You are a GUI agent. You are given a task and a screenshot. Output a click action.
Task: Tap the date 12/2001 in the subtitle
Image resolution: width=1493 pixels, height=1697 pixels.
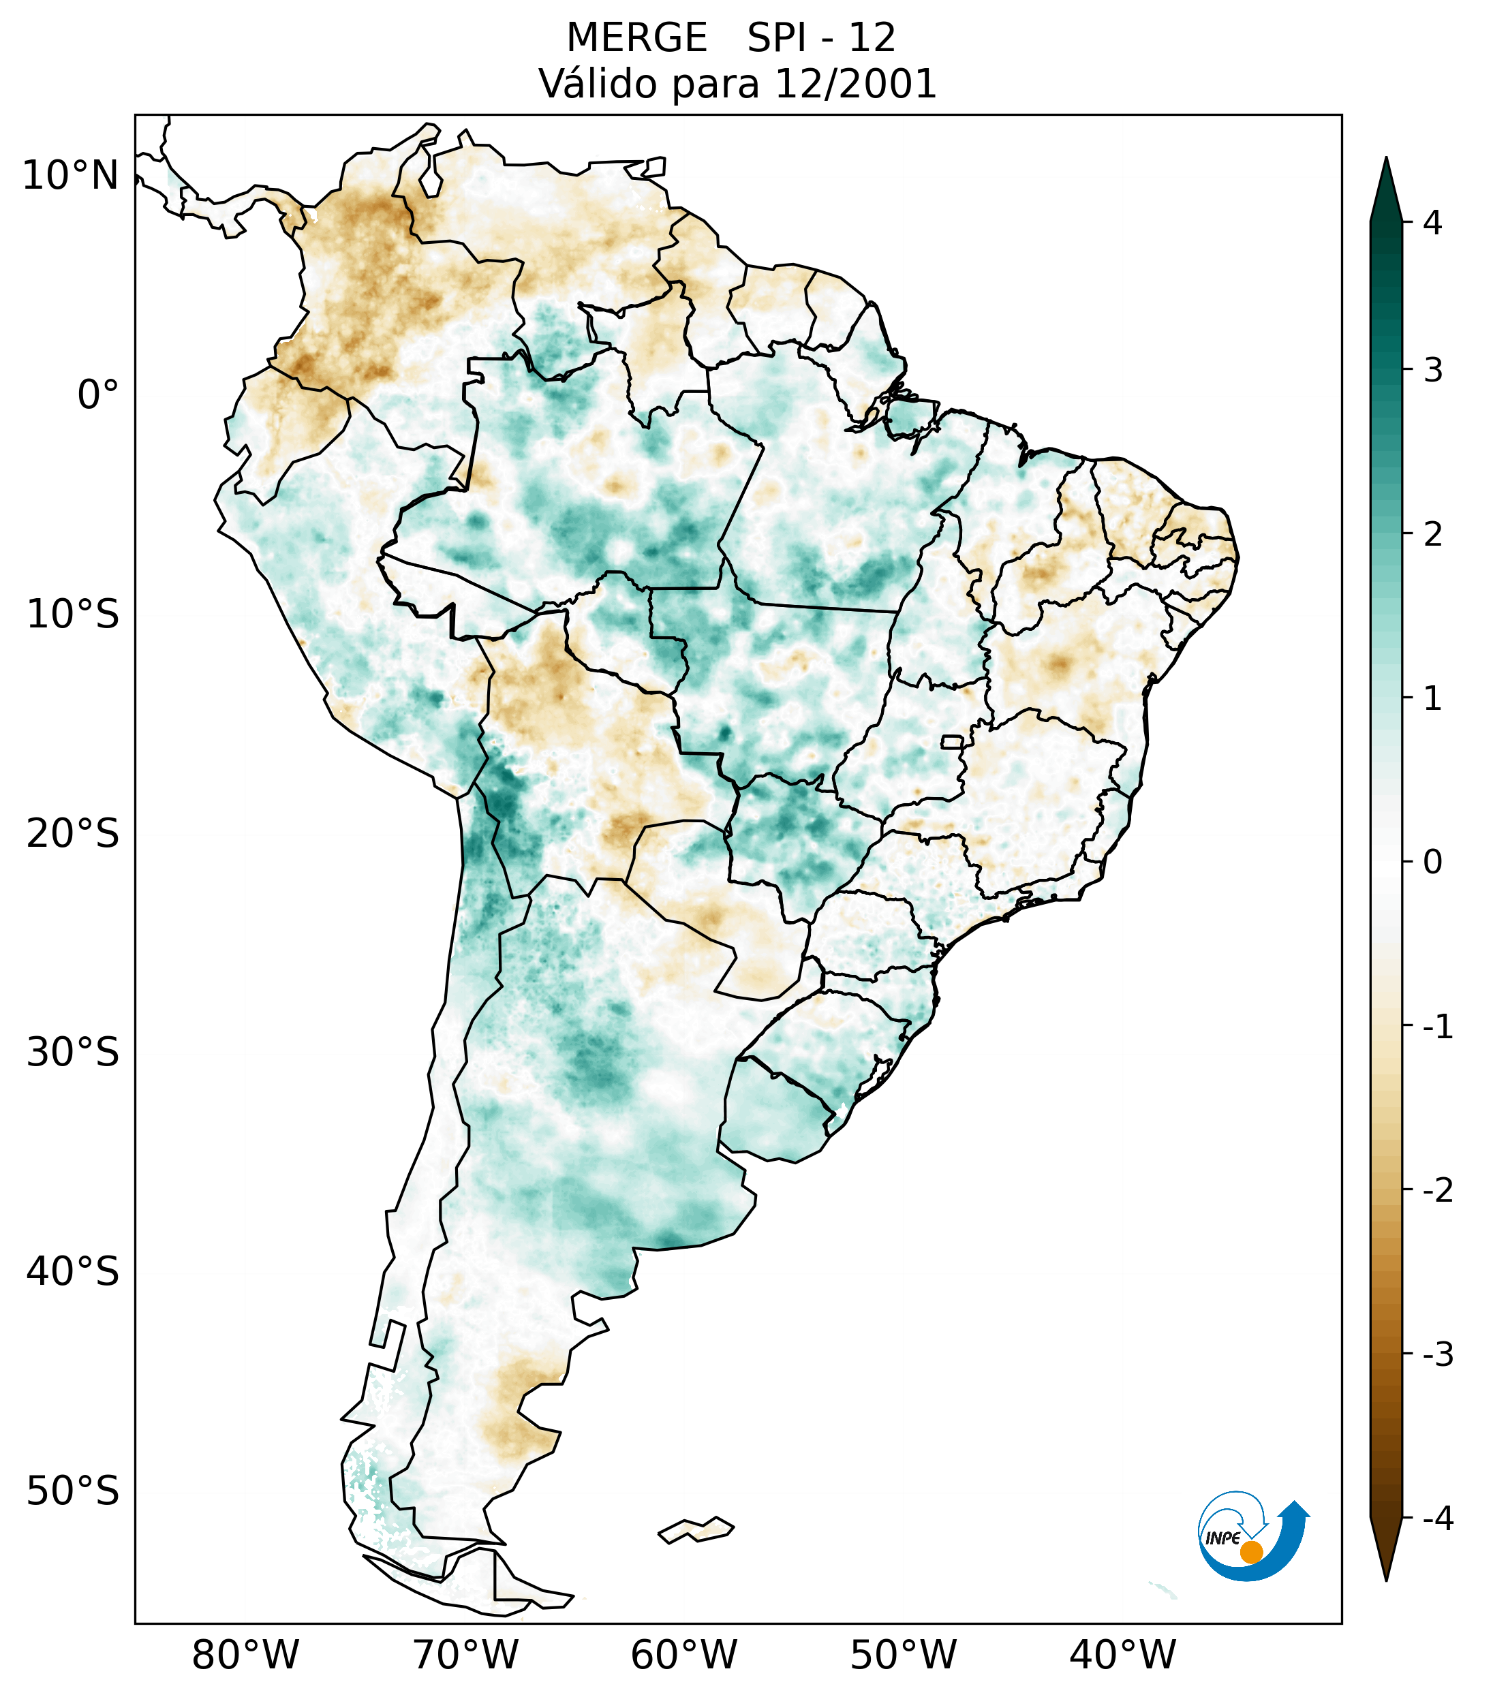coord(855,84)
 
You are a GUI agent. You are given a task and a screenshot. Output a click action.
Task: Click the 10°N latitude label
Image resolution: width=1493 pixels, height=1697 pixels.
coord(71,176)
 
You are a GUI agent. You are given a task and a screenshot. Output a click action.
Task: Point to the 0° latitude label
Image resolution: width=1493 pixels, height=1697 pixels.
coord(98,395)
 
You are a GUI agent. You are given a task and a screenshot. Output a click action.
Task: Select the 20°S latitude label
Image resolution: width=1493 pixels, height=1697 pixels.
coord(73,834)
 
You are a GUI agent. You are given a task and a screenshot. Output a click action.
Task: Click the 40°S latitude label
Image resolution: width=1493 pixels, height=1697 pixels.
coord(73,1271)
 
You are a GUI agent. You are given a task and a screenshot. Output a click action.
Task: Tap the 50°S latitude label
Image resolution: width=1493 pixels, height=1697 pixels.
coord(73,1491)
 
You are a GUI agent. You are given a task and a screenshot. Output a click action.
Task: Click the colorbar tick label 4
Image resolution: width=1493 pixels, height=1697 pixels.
coord(1432,223)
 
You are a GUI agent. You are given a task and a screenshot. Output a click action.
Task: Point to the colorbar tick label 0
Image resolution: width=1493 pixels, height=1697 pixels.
coord(1432,862)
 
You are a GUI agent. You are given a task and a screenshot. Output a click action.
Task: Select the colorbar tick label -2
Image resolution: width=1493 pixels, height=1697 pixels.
coord(1437,1191)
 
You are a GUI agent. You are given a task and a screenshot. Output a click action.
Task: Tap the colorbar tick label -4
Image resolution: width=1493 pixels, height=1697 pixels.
coord(1437,1519)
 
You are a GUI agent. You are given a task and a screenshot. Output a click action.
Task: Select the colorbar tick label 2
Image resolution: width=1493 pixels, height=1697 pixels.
coord(1432,534)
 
